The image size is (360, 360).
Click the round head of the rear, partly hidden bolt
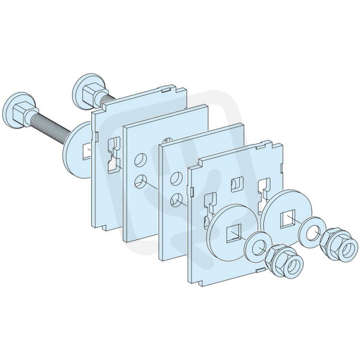coord(80,88)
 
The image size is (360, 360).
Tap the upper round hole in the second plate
coord(140,160)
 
